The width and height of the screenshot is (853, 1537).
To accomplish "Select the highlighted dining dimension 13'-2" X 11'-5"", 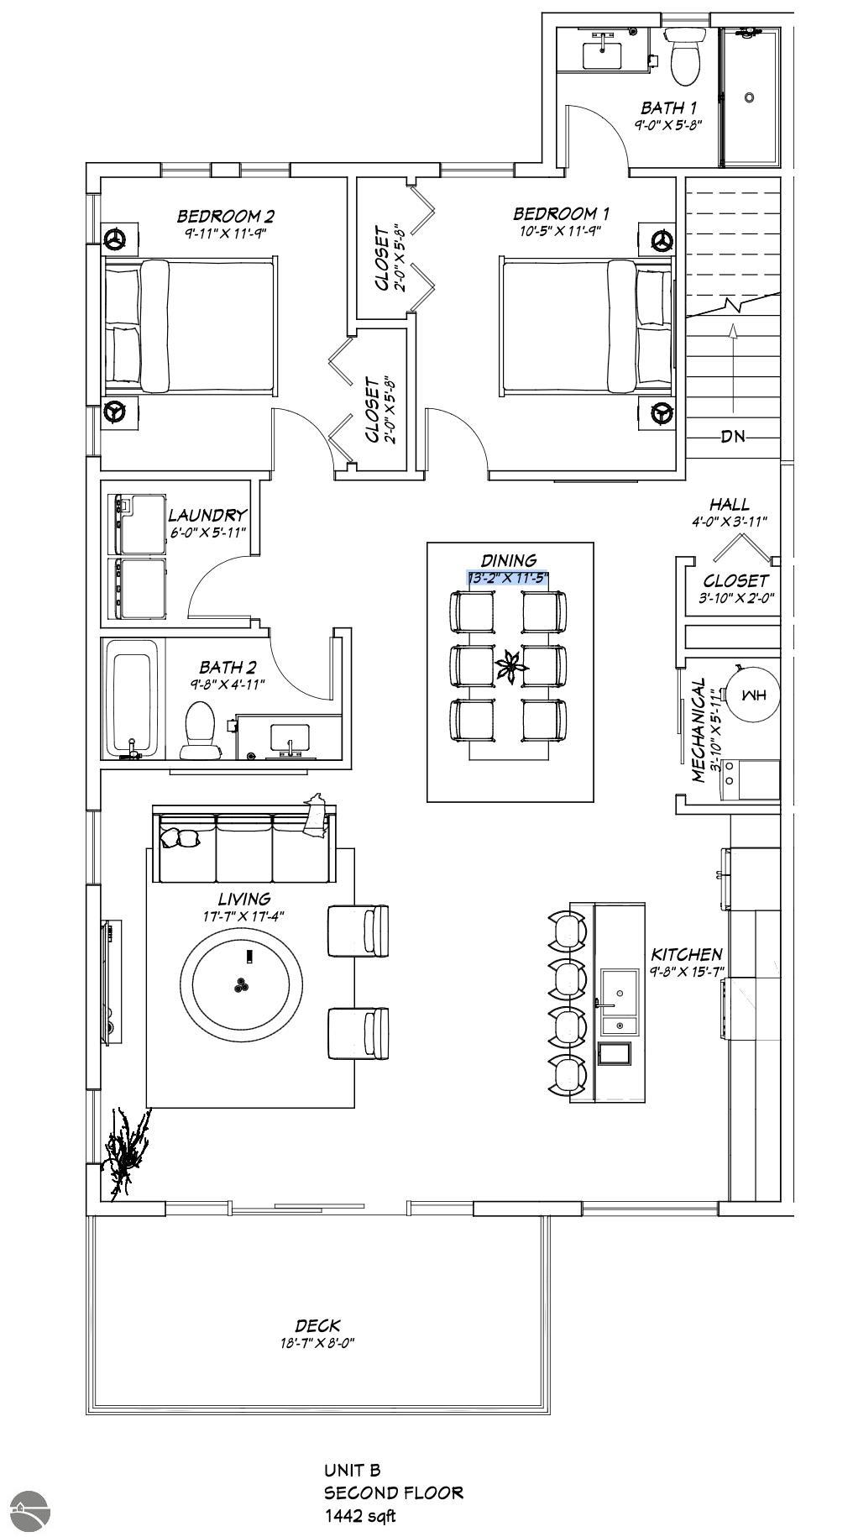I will point(508,578).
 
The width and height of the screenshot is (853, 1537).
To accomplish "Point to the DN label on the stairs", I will point(733,437).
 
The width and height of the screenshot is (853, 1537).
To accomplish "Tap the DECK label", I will point(317,1325).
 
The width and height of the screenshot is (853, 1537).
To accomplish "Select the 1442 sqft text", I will point(359,1516).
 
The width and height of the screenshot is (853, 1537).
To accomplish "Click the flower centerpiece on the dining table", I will point(510,669).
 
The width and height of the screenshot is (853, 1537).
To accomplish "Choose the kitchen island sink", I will point(620,989).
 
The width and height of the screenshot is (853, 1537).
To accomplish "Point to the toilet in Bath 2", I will point(200,729).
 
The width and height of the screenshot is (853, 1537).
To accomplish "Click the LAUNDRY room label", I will point(207,515).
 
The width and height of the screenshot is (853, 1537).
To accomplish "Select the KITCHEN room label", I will point(686,954).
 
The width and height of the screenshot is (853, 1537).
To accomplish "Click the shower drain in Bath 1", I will point(749,97).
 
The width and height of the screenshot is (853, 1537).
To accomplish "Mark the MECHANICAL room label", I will point(699,731).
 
